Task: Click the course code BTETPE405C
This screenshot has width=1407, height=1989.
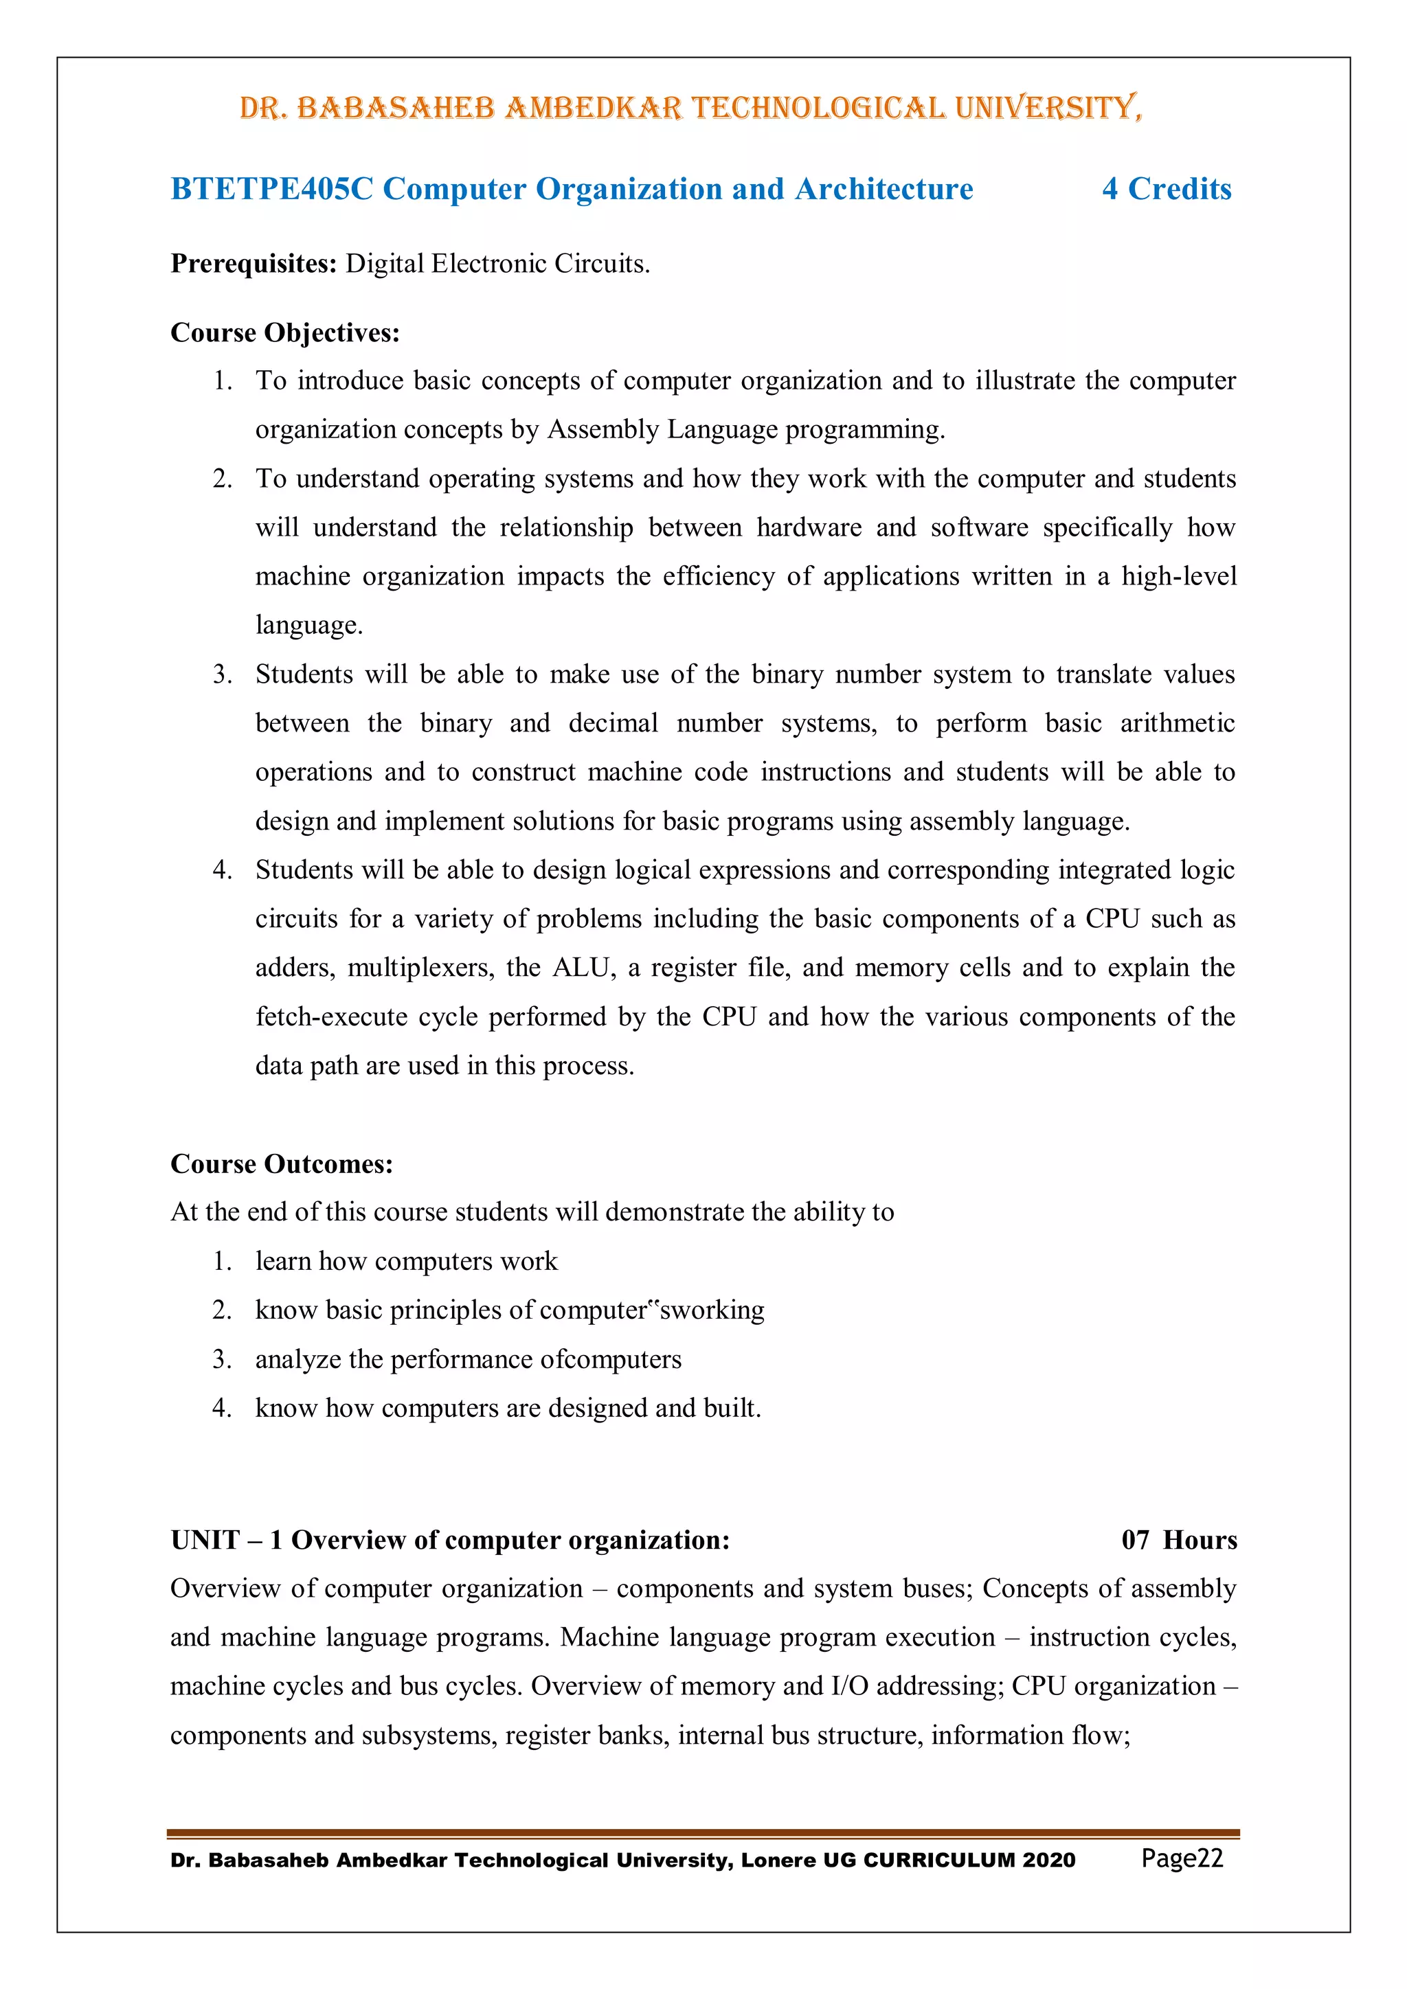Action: [271, 189]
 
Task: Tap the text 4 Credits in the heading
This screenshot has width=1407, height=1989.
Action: [1166, 189]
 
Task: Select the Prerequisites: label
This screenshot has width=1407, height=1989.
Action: [253, 263]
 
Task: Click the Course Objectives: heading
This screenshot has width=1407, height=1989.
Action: [285, 332]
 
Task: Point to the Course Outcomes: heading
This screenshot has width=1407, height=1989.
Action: [282, 1163]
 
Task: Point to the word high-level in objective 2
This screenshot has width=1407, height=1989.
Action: [1178, 576]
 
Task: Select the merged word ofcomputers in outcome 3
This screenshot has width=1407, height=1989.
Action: [611, 1359]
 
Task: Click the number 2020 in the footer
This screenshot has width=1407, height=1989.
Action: [1048, 1860]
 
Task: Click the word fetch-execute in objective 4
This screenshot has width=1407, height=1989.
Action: [331, 1016]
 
